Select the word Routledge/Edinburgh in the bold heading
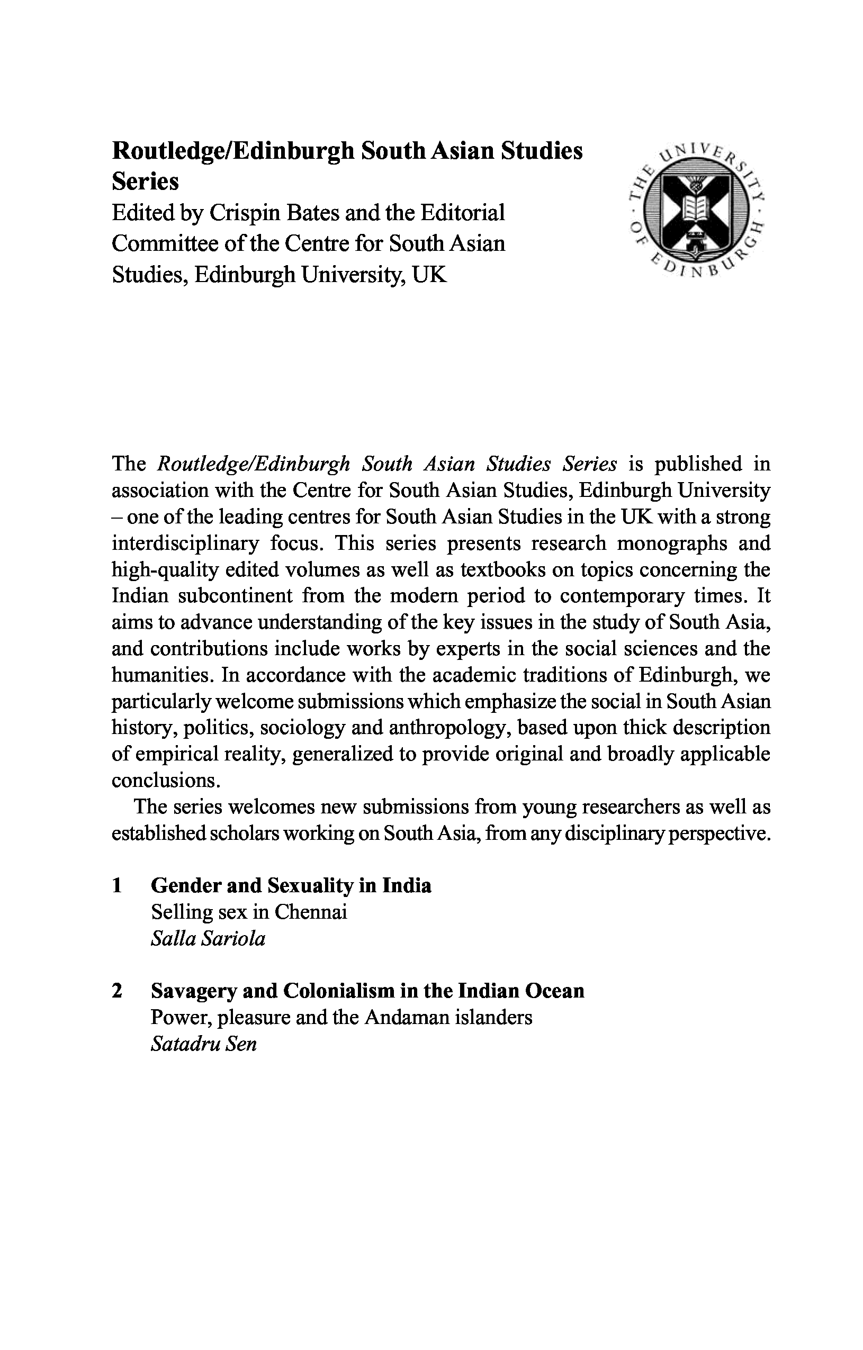233,151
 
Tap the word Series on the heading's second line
145,182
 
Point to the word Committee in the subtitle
164,244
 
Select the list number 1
117,886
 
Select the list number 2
117,991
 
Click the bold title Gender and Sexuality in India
291,886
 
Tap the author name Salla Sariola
208,939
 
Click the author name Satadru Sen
203,1044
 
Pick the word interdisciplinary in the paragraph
186,543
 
